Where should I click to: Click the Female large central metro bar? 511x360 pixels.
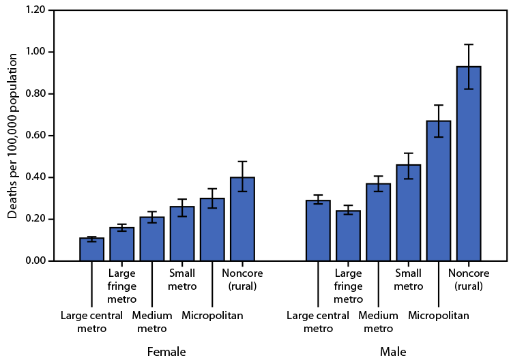[x=91, y=250]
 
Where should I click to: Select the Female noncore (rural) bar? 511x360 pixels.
[x=242, y=219]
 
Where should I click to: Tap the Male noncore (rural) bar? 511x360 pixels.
[x=469, y=164]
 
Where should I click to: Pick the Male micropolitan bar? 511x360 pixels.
[x=438, y=191]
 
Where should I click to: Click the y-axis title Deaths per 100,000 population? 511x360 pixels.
[x=13, y=134]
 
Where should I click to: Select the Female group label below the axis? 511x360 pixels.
[x=166, y=352]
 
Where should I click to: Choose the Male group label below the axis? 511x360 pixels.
[x=394, y=352]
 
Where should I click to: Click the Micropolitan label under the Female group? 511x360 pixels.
[x=212, y=316]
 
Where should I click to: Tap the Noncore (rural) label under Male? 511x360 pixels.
[x=469, y=280]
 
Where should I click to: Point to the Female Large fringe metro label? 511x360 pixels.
[x=122, y=286]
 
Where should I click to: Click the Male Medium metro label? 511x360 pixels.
[x=378, y=322]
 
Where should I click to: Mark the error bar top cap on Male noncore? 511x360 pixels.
[x=469, y=44]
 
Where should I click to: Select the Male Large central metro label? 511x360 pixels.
[x=318, y=322]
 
